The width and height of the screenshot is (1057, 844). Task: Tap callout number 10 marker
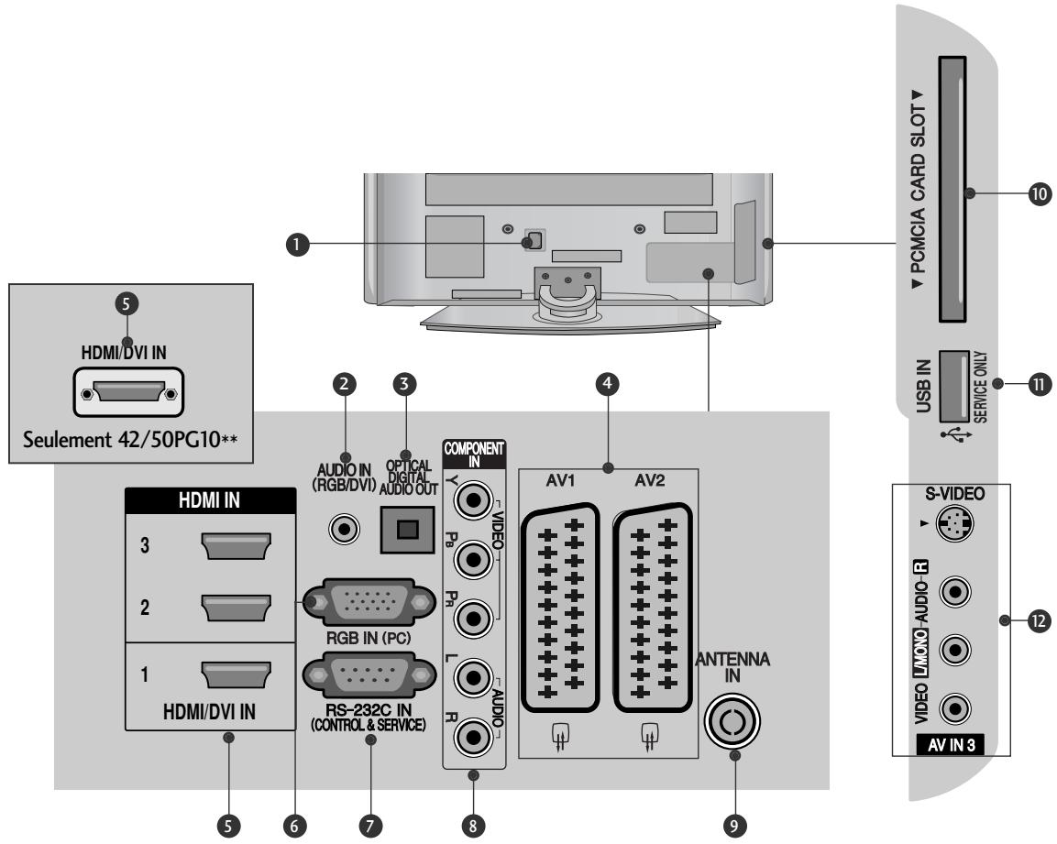(x=1040, y=195)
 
